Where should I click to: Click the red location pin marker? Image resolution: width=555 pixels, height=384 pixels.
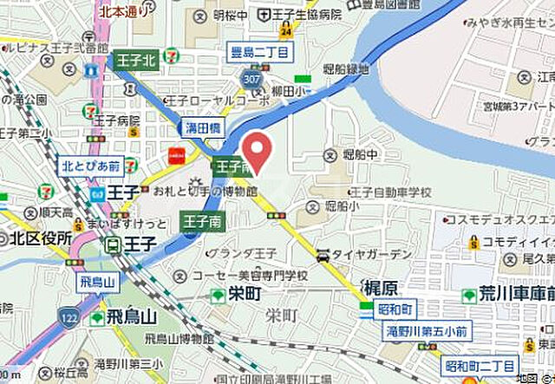tap(258, 148)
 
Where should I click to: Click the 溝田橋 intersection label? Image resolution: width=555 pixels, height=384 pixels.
tap(203, 127)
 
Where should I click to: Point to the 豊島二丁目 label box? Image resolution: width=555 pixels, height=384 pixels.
tap(259, 51)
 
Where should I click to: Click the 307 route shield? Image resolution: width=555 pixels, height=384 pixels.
tap(252, 80)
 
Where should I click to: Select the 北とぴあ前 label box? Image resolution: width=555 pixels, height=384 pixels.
tap(91, 165)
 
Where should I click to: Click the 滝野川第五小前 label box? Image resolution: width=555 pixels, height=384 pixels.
tap(426, 330)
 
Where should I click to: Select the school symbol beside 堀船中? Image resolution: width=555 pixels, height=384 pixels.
tap(330, 156)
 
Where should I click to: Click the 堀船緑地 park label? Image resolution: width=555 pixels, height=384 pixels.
tap(347, 68)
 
